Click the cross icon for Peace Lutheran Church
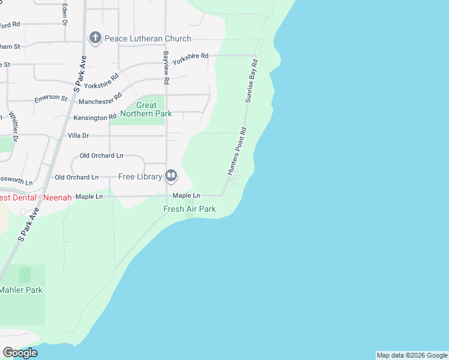[95, 38]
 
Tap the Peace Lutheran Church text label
[148, 38]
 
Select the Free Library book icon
[171, 176]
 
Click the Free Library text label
[140, 176]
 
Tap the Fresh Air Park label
[190, 209]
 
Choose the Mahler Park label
[21, 290]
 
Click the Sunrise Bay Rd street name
[250, 80]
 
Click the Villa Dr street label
[78, 136]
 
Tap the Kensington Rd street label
[95, 118]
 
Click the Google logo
[20, 353]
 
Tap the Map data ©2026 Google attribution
[412, 355]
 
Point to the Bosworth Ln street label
[16, 181]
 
